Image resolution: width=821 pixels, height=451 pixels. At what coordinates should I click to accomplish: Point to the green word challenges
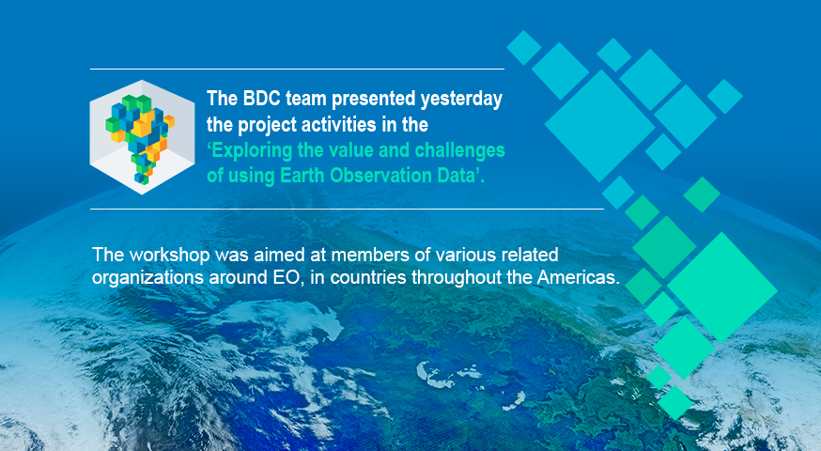[459, 151]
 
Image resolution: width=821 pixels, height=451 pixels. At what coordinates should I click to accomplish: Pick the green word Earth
[302, 175]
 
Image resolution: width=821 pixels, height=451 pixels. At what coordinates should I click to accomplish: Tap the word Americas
[578, 277]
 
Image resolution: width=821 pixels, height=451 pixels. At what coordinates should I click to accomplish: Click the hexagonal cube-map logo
[143, 137]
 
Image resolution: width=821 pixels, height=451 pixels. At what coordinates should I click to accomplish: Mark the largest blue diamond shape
[600, 126]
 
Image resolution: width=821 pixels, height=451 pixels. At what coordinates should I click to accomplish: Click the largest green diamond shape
[722, 288]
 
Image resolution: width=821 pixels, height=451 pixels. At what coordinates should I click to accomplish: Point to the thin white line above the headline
[297, 69]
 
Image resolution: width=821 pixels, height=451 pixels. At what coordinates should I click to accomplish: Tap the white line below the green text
[347, 209]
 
